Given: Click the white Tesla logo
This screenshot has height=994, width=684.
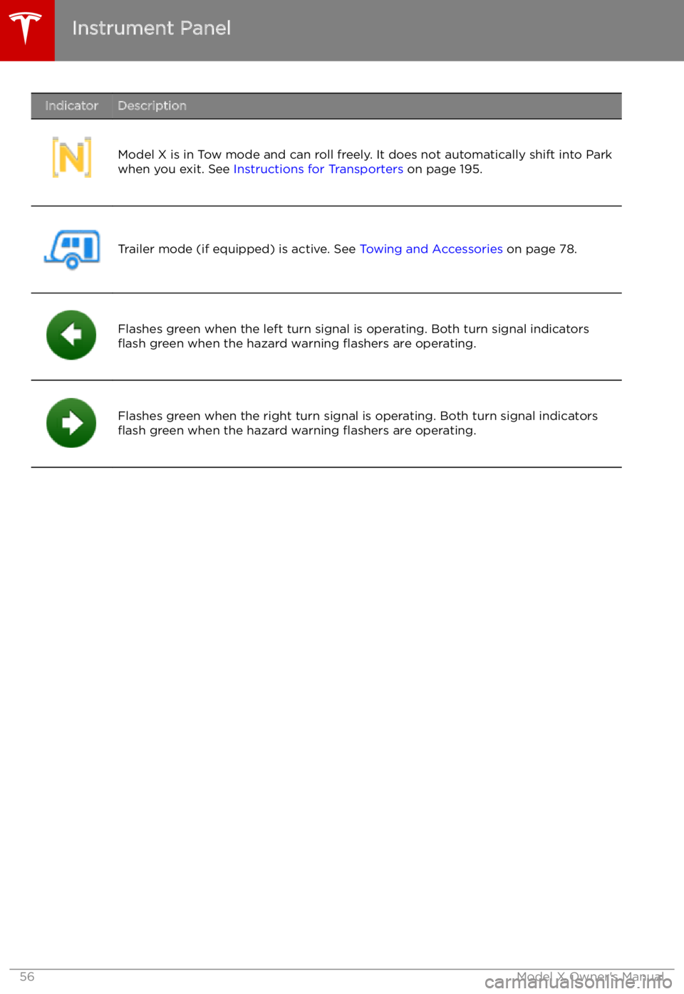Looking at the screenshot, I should coord(26,28).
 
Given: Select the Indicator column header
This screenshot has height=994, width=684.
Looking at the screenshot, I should coord(71,106).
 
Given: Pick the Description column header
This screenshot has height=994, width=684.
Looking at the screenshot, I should coord(152,106).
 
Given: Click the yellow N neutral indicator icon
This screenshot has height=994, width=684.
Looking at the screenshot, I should coord(72,158).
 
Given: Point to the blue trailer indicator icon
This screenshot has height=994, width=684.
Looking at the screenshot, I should coord(72,248).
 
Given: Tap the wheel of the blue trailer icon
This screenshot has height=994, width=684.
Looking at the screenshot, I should coord(72,263).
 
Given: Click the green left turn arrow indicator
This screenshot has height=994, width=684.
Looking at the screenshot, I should coord(71,335).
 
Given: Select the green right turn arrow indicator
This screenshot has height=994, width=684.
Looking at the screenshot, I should coord(71,423).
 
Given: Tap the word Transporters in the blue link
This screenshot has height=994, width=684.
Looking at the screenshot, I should coord(366,169).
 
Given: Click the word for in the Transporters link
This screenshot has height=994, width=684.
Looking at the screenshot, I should coord(316,169).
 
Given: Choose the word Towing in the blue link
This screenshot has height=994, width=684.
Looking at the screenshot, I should coord(380,249).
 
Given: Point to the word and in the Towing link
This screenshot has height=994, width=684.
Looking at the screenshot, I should coord(417,249).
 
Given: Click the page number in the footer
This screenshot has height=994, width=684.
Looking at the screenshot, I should coord(26,977).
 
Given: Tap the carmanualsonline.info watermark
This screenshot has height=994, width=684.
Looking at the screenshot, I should coord(578,983).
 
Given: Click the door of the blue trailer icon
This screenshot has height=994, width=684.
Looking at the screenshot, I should coord(89,246).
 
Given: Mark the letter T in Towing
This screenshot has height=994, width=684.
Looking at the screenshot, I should coord(363,249).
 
